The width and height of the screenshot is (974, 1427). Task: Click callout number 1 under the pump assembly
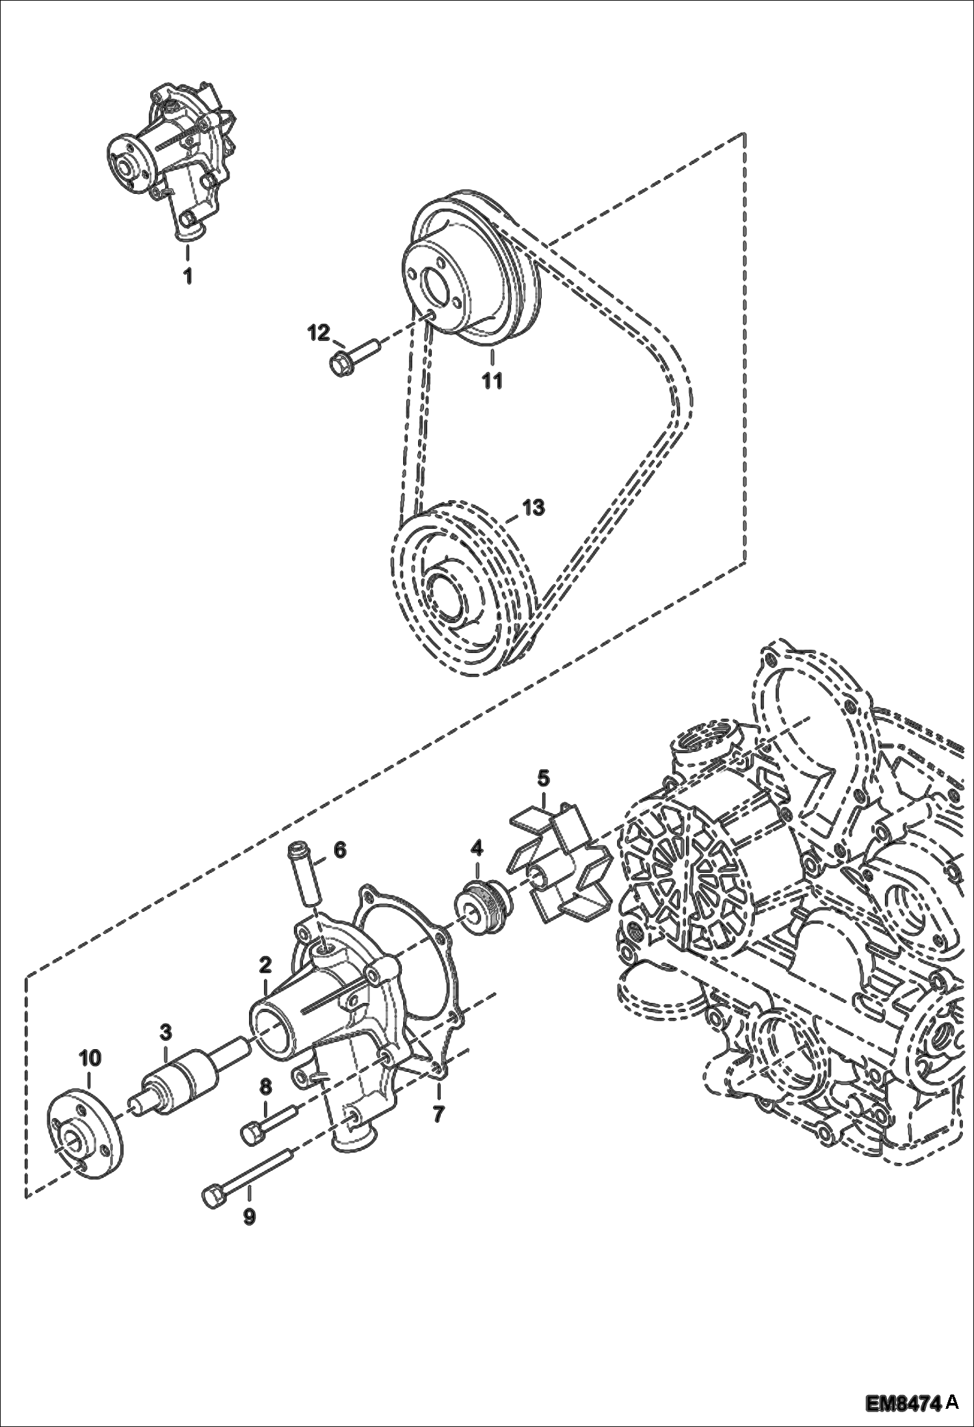[x=187, y=276]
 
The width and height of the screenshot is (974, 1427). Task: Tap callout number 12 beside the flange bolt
[x=319, y=333]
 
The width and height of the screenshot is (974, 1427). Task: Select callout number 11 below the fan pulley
[x=492, y=379]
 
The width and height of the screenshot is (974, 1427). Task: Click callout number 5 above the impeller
[x=543, y=777]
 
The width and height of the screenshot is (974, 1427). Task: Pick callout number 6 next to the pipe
[x=340, y=849]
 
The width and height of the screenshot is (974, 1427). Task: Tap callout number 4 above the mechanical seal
[x=477, y=848]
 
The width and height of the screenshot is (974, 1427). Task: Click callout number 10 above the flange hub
[x=90, y=1058]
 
